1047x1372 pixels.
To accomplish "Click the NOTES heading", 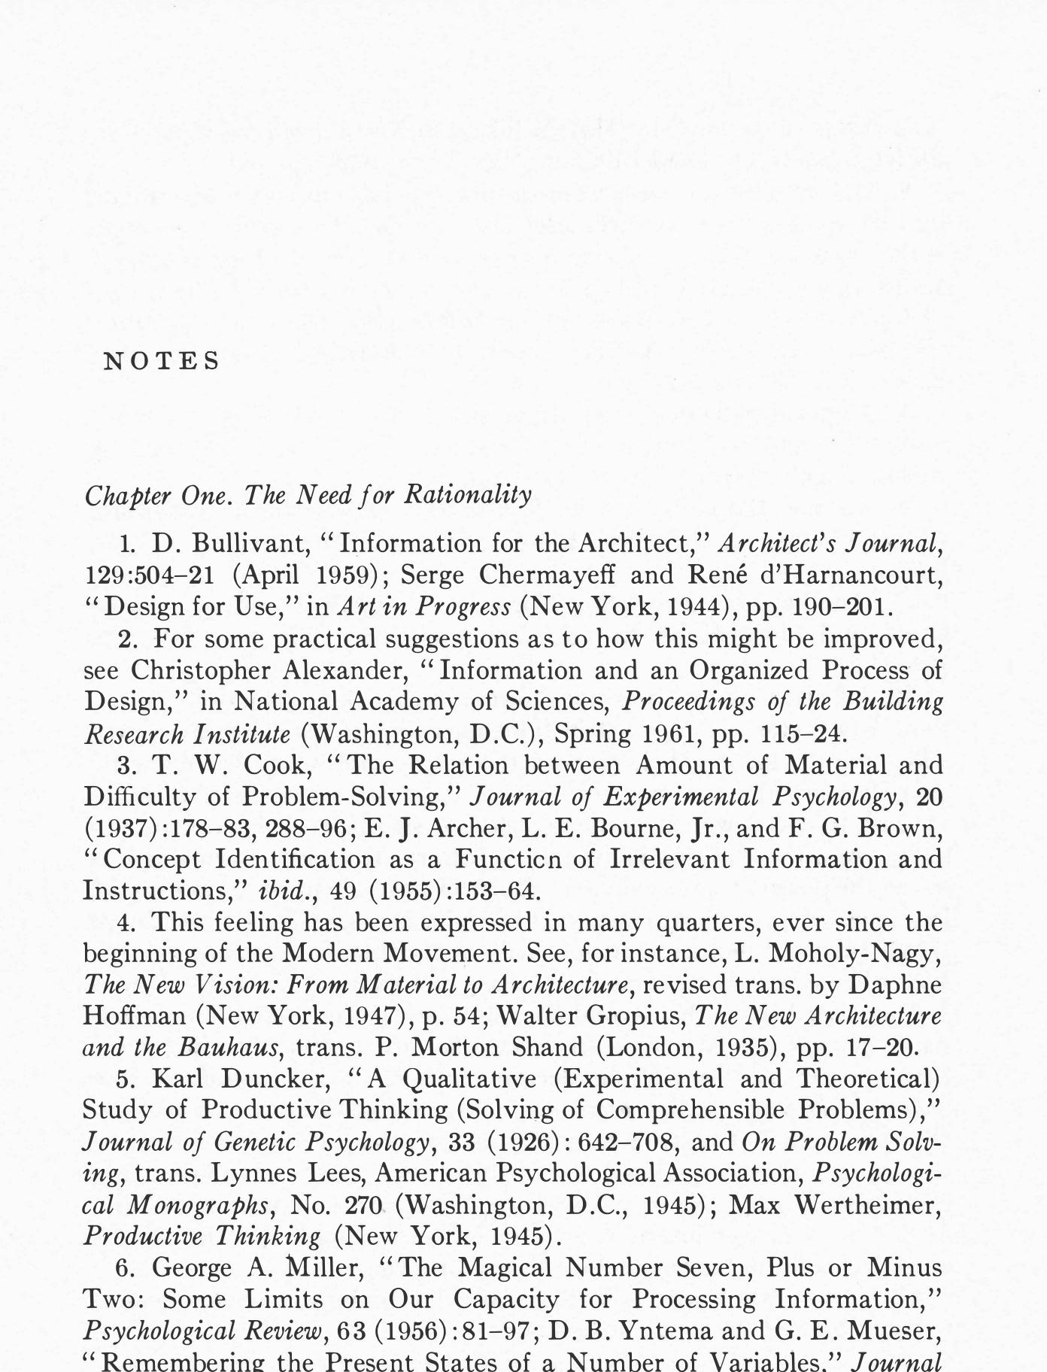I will pos(161,362).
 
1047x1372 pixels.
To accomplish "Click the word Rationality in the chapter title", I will pos(468,495).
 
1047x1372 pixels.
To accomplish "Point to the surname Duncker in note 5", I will pos(276,1079).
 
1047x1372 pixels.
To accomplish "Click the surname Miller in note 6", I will pos(326,1268).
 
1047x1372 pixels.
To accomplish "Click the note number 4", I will pos(126,922).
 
